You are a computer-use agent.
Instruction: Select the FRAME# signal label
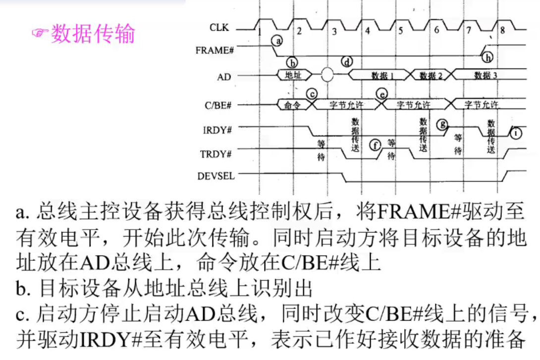pos(215,50)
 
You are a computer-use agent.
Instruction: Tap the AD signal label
pos(224,77)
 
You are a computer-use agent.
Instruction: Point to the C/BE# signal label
pos(218,105)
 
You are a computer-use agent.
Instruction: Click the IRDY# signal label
pos(217,130)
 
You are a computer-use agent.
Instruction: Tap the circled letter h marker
pos(488,58)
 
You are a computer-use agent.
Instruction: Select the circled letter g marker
pos(442,123)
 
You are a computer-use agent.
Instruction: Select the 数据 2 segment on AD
pos(431,75)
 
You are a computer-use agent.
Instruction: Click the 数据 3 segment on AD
pos(485,75)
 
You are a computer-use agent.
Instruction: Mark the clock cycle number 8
pos(502,30)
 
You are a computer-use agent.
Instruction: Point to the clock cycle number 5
pos(400,30)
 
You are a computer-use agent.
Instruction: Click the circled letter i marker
pos(516,132)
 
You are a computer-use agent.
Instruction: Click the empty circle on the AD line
pos(327,75)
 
